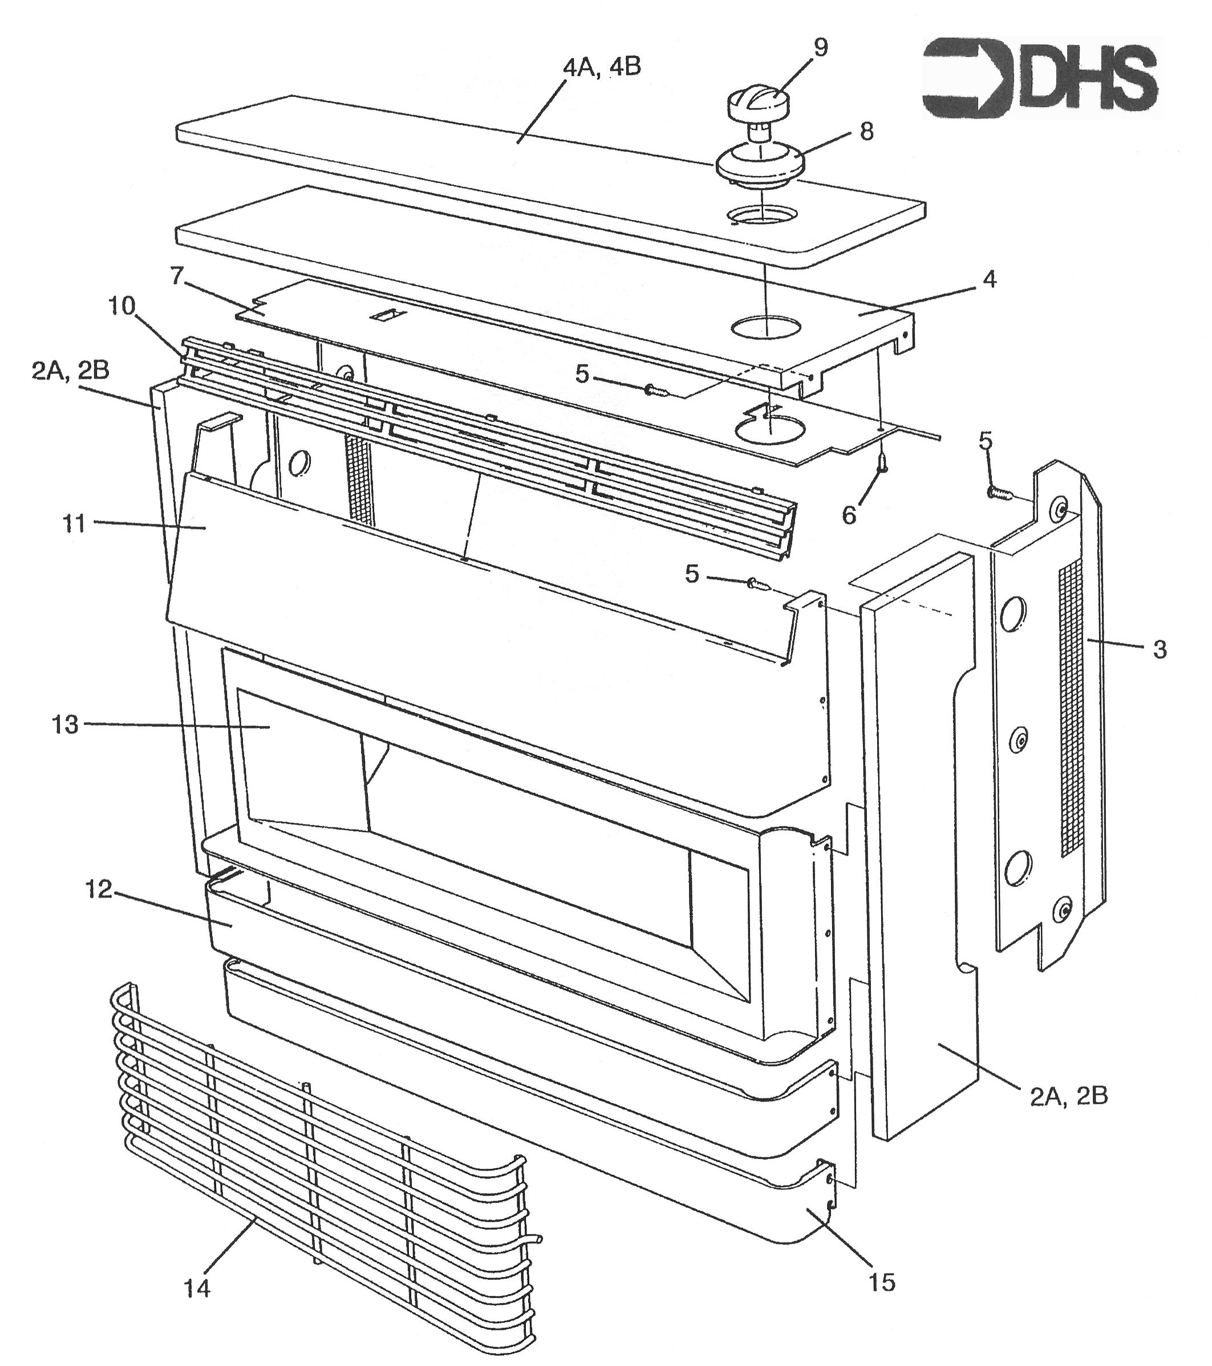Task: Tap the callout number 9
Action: [820, 47]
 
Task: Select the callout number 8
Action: [866, 131]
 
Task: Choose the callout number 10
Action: [121, 306]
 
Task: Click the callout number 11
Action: [74, 523]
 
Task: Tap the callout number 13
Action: [65, 725]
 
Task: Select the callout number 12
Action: [98, 889]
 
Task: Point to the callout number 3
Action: [1160, 649]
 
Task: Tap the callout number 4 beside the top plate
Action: [990, 279]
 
